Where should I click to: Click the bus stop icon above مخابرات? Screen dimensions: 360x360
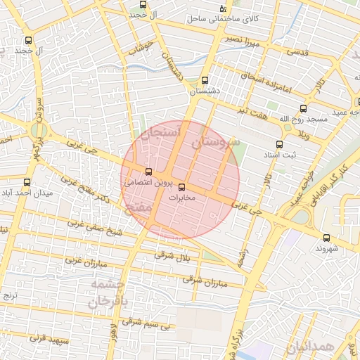[x=183, y=187]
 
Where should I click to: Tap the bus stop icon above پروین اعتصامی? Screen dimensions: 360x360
[x=148, y=171]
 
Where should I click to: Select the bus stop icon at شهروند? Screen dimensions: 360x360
[x=326, y=238]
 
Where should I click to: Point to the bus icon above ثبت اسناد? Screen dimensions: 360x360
[x=279, y=143]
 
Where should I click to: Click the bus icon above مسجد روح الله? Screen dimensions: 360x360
[x=303, y=108]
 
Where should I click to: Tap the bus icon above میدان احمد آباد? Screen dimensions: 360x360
[x=27, y=182]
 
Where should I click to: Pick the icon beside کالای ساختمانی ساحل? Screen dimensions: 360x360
[x=223, y=7]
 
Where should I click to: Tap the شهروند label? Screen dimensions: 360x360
[x=328, y=248]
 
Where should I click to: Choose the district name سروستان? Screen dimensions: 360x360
[x=215, y=143]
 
